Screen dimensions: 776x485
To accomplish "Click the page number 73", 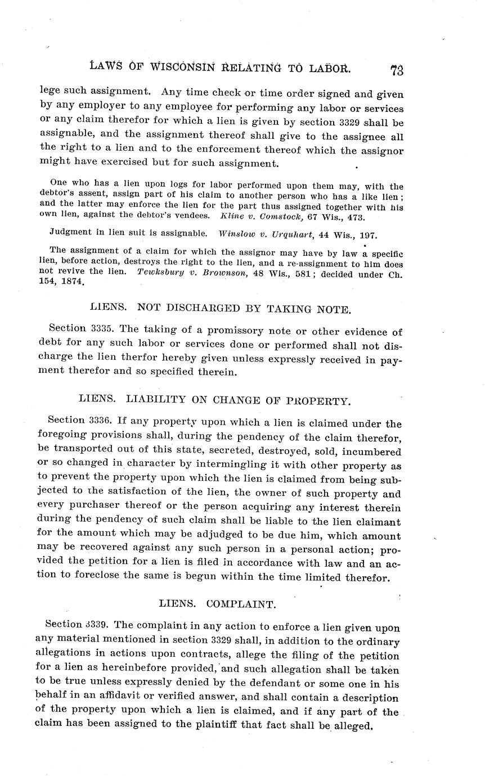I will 396,70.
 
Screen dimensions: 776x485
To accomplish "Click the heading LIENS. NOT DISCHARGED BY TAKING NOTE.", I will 221,308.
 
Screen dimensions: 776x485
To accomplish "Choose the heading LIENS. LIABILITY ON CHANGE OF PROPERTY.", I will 214,400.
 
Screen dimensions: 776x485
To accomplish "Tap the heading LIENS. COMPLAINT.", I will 217,604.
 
